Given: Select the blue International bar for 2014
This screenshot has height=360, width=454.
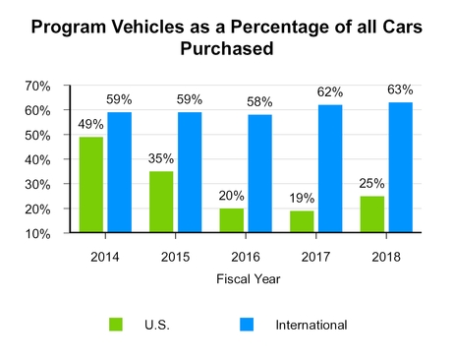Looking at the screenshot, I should pos(119,173).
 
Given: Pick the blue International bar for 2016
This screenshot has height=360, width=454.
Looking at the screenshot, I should pos(260,174).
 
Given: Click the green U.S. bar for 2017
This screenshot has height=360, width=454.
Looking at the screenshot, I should pos(303,222).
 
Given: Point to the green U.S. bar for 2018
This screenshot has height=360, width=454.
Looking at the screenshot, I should pos(373,214).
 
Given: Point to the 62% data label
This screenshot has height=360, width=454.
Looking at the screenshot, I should pos(331,94).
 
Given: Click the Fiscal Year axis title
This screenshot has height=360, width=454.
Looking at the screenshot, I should pos(247,278).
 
